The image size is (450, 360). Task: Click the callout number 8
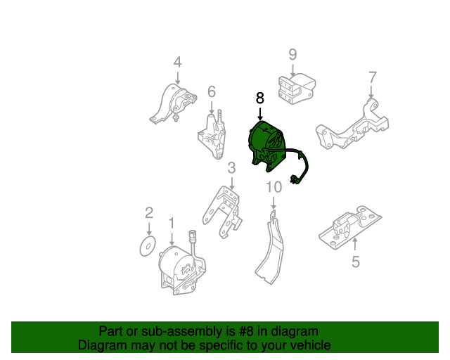pos(259,98)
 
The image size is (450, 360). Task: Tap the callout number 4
pos(178,62)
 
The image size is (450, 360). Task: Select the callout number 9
pos(292,54)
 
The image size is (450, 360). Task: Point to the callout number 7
pos(372,77)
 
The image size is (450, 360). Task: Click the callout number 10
pos(274,187)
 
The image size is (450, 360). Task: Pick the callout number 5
pos(355,262)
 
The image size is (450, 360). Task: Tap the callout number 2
pos(149,213)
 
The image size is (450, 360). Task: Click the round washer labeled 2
pos(148,246)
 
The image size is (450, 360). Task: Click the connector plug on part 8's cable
pos(294,179)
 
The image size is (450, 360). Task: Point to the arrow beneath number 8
pos(260,114)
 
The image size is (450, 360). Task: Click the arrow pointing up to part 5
pos(355,245)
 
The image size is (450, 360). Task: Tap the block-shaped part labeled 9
pos(297,89)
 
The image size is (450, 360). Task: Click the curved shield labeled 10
pos(269,247)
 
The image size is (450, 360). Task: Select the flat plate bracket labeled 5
pos(350,228)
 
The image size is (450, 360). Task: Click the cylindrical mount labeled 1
pos(181,268)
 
